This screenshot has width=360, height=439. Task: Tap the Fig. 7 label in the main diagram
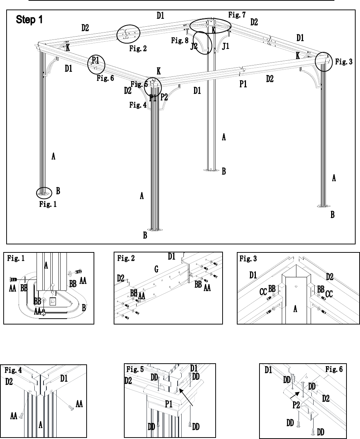pos(237,15)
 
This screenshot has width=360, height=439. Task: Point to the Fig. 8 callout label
pos(180,40)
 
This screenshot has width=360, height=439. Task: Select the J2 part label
pos(194,46)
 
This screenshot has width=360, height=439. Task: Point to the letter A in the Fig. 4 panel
pos(41,425)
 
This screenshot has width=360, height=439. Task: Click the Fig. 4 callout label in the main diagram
pos(138,105)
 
